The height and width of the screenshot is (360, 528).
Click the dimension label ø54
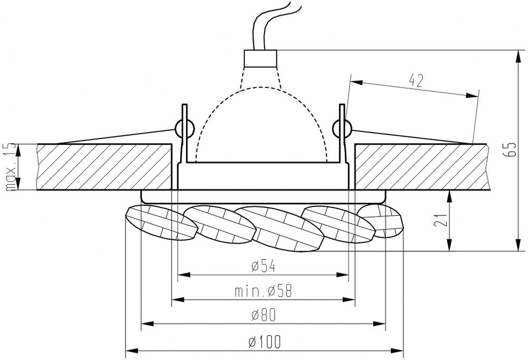point(263,266)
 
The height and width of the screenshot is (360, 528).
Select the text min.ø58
point(263,291)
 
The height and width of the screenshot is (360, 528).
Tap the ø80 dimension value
point(263,315)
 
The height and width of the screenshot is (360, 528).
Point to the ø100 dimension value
point(265,342)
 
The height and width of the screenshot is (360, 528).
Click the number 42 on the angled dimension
point(416,80)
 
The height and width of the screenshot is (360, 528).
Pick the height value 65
point(511,150)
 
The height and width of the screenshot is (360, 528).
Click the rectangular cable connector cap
point(260,59)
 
